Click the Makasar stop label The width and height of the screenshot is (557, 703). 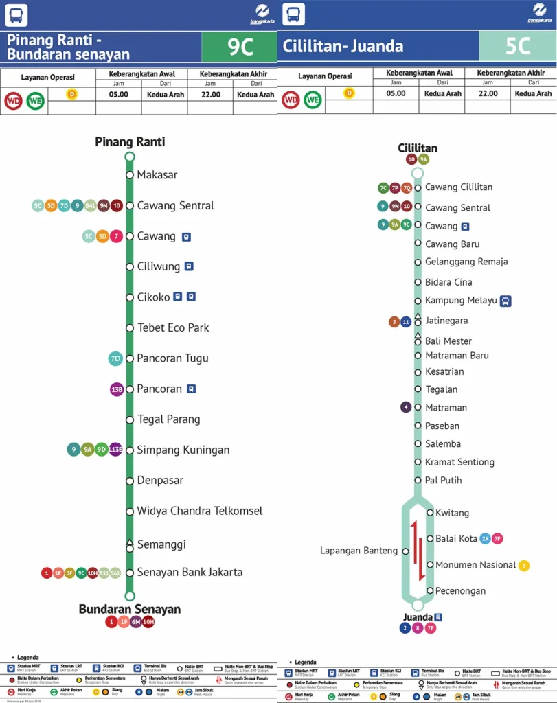click(157, 175)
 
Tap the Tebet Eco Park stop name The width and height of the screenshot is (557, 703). click(173, 327)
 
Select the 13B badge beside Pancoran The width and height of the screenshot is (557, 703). click(117, 389)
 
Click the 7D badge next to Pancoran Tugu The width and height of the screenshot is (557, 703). click(115, 358)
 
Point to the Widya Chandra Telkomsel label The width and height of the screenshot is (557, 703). click(200, 511)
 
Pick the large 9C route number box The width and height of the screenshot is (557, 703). click(239, 47)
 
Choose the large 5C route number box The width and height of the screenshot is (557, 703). click(517, 46)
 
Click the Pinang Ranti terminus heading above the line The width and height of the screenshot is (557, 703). click(130, 142)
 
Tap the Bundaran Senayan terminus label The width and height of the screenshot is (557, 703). click(130, 609)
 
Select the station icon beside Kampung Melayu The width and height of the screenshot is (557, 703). click(505, 301)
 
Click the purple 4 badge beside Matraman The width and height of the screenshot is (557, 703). click(406, 407)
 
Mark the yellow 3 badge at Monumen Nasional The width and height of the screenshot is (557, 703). click(524, 566)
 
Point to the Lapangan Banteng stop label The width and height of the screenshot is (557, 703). click(359, 551)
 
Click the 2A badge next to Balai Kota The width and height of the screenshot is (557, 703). click(485, 539)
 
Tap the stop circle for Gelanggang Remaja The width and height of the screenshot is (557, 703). click(418, 262)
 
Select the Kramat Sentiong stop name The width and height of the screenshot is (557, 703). click(459, 462)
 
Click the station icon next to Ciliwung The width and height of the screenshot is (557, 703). click(189, 266)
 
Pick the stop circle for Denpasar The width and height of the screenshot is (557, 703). click(130, 481)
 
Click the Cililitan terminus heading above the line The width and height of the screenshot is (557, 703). click(418, 148)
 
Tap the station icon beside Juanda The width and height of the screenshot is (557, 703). click(438, 616)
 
